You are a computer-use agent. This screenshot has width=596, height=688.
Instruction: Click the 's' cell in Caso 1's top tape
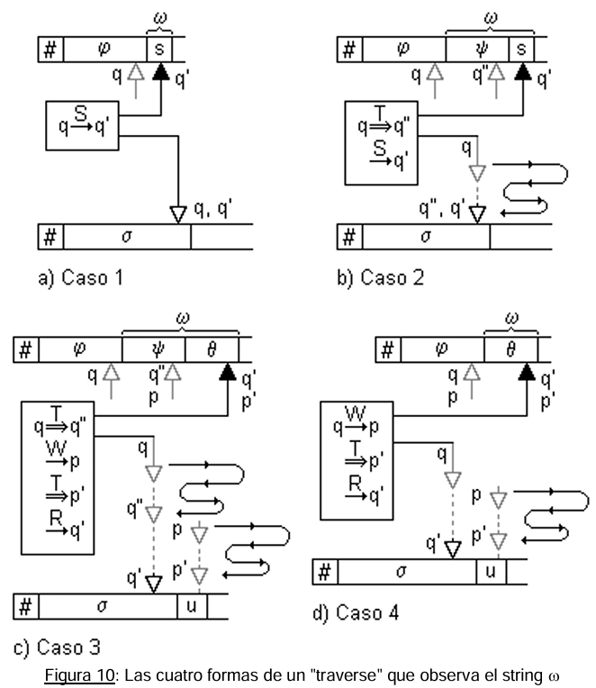click(159, 50)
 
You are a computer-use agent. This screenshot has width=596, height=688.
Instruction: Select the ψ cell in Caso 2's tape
click(477, 50)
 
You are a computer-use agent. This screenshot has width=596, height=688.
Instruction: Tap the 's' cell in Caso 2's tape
click(521, 50)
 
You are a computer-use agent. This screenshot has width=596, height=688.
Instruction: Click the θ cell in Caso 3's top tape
click(212, 349)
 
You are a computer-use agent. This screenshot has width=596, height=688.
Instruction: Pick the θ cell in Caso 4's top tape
click(510, 349)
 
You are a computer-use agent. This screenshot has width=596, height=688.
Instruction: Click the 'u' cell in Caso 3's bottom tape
click(192, 606)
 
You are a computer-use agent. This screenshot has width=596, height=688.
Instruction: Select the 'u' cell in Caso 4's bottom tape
click(492, 572)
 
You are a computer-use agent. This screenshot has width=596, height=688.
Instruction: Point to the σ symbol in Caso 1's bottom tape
click(127, 237)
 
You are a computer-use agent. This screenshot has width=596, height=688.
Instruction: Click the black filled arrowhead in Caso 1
click(161, 71)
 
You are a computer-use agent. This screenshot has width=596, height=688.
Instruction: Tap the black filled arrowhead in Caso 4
click(527, 372)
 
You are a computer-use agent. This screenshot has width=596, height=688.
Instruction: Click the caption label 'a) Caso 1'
click(81, 277)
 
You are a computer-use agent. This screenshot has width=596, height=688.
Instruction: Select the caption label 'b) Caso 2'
click(381, 277)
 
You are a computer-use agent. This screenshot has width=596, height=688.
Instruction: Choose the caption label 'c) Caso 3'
click(57, 647)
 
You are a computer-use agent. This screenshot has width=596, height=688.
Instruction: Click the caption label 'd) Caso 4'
click(356, 612)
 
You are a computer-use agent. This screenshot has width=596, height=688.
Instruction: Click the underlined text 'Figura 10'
click(79, 674)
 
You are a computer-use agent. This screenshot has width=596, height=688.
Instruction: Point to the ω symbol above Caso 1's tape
click(160, 18)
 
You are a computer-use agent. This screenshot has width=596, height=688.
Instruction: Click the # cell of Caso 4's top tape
click(388, 349)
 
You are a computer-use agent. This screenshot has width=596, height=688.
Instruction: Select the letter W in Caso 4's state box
click(356, 413)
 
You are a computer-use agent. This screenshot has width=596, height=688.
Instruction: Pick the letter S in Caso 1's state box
click(81, 113)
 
